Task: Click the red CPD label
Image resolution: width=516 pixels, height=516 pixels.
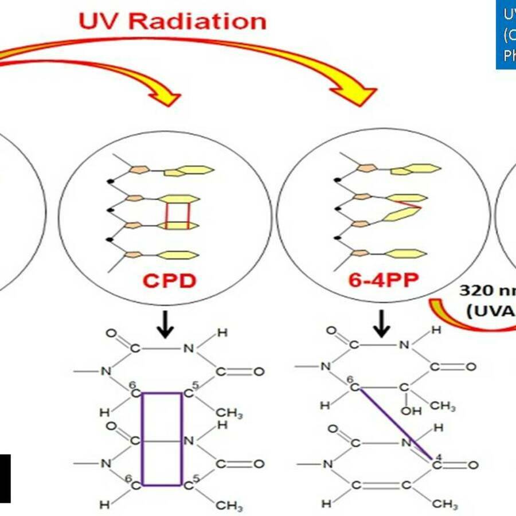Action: click(169, 282)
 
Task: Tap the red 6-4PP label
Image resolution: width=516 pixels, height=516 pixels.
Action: click(383, 280)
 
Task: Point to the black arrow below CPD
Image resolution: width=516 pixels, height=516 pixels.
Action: click(166, 326)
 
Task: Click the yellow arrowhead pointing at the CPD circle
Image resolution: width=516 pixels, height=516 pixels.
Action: click(167, 95)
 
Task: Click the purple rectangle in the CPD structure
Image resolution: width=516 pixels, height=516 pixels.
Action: click(162, 439)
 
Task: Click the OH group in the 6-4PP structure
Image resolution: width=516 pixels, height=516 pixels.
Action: click(408, 411)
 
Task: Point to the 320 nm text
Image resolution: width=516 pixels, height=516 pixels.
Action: click(484, 290)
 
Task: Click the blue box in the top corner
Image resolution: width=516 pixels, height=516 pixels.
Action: click(506, 34)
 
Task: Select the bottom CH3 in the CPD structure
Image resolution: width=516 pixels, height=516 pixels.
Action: click(229, 506)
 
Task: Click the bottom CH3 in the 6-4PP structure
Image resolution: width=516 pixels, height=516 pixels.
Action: click(445, 505)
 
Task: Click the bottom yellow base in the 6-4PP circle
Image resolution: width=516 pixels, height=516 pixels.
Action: click(407, 253)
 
